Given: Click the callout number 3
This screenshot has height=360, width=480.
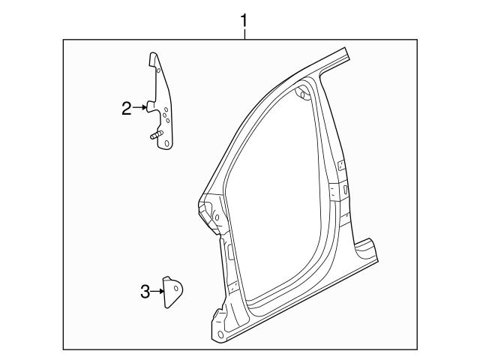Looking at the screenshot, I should [145, 292].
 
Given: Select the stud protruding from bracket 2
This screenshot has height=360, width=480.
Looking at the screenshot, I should [154, 137].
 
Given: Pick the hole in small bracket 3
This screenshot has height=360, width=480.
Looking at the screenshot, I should [175, 286].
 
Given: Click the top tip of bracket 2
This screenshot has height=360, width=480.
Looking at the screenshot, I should [153, 54].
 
